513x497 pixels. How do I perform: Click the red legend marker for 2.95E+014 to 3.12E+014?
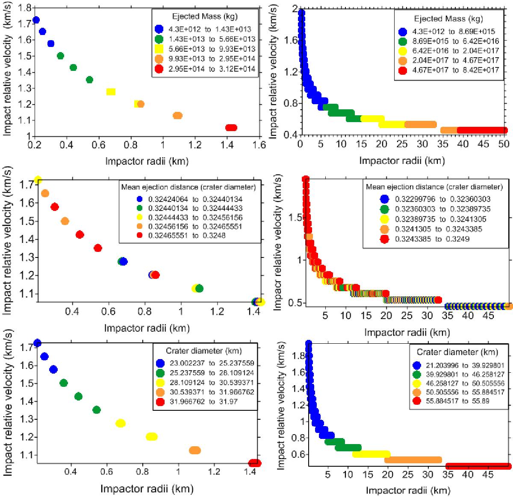159,69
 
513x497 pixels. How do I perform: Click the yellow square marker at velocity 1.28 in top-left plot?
111,92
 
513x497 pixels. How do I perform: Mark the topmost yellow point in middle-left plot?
38,180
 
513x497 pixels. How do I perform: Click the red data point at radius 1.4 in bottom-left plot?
255,463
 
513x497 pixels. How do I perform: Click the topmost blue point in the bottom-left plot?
37,343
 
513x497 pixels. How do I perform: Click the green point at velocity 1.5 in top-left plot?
60,56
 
